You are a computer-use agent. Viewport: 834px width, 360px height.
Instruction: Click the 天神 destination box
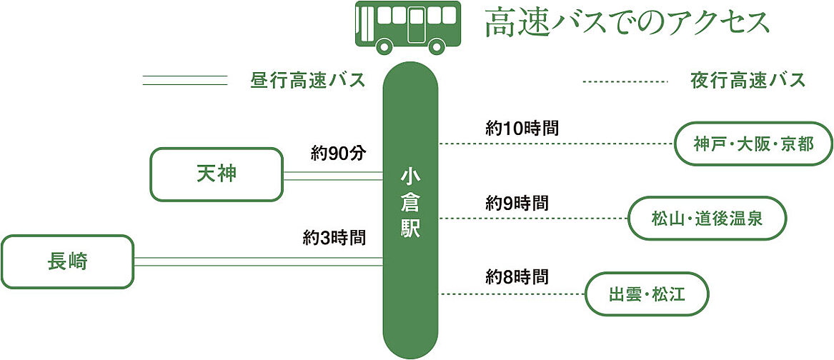[x=216, y=174]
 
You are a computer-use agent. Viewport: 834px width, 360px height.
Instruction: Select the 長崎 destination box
[x=67, y=262]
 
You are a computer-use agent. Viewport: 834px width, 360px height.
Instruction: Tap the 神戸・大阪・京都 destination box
[x=753, y=144]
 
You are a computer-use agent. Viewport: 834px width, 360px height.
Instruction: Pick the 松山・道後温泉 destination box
[x=706, y=218]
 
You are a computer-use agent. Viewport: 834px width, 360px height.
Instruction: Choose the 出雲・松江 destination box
[x=646, y=293]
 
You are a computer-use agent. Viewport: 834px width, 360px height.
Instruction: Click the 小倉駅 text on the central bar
[x=409, y=203]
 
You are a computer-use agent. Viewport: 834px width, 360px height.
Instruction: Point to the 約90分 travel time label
[x=338, y=153]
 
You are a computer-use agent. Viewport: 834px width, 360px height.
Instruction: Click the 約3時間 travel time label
[x=334, y=238]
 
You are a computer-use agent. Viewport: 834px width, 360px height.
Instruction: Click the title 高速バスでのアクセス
[x=627, y=23]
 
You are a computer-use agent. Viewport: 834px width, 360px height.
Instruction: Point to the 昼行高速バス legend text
[x=308, y=80]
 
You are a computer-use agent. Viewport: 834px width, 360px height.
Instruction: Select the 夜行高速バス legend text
[x=748, y=80]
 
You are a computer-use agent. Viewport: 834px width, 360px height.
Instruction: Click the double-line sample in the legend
[x=184, y=80]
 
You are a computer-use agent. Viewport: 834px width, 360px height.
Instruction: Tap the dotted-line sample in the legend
[x=625, y=81]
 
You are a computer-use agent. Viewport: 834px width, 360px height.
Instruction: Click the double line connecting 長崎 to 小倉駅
[x=258, y=262]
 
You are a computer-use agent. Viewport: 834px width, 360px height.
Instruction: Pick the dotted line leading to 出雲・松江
[x=512, y=294]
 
